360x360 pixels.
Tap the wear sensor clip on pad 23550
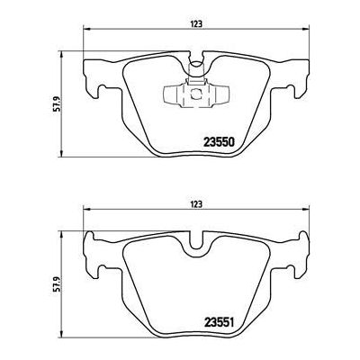pos(195,95)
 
